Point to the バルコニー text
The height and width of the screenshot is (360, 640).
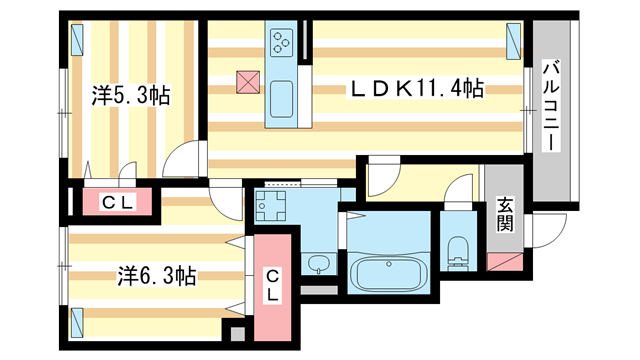551,106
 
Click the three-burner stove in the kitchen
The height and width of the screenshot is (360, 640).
280,43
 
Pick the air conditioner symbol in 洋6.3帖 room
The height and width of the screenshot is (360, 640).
78,320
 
